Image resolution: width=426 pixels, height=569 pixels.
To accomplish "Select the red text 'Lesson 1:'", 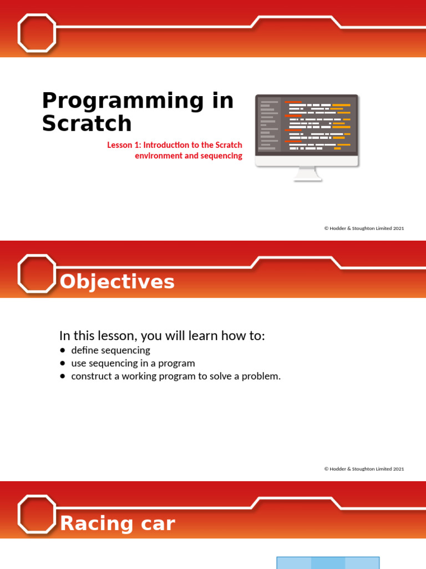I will [124, 145].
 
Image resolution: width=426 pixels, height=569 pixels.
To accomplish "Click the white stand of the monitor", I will [307, 174].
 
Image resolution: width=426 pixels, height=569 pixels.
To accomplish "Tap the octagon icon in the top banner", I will [37, 33].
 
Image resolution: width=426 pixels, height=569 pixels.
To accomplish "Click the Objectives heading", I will [117, 282].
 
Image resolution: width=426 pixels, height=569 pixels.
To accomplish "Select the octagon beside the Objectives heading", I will [37, 273].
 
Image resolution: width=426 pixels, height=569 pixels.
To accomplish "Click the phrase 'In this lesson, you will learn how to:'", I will [163, 336].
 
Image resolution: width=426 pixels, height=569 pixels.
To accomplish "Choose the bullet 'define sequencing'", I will [110, 350].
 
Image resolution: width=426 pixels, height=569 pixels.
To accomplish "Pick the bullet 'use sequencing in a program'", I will [133, 363].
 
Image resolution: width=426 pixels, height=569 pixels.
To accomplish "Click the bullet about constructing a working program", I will [176, 376].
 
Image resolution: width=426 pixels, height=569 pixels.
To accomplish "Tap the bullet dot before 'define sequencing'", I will [62, 350].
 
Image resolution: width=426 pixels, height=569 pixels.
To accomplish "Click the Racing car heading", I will [117, 523].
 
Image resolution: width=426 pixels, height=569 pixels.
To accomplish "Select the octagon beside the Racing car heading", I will [37, 515].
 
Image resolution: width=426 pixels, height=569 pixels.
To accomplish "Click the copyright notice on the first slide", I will [364, 228].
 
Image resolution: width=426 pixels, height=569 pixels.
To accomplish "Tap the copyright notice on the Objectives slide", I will [364, 469].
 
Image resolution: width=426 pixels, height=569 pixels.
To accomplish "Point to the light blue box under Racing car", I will [328, 562].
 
